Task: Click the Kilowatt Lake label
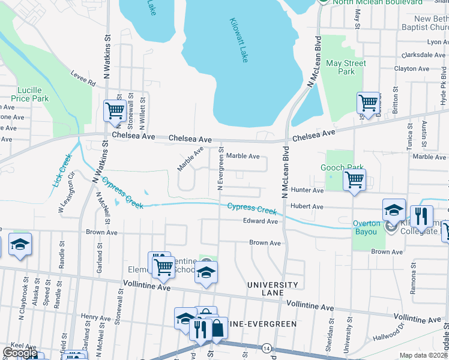[238, 40]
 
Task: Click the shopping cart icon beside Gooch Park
[355, 179]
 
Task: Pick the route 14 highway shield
[266, 348]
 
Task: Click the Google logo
[20, 353]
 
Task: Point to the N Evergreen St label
[220, 170]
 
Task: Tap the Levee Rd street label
[83, 78]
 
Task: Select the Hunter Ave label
[307, 190]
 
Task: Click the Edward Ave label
[261, 221]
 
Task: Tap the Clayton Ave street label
[412, 69]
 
